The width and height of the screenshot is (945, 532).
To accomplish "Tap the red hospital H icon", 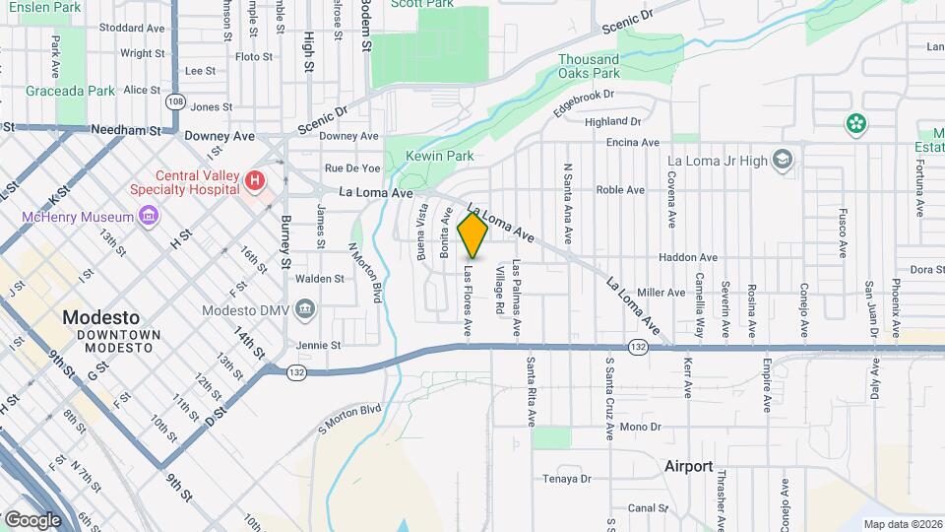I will coord(255,180).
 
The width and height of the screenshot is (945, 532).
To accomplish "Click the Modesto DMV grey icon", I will coord(305,308).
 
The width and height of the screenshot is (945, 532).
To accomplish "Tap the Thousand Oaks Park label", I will coord(589,66).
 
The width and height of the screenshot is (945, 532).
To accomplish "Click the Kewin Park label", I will coord(442,156).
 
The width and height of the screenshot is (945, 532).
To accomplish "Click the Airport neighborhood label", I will coord(688,466).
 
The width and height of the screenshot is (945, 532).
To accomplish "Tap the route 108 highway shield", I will coord(175,101).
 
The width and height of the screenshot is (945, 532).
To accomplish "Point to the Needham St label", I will coord(125,129).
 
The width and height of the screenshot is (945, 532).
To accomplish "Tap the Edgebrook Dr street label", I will coord(583,102).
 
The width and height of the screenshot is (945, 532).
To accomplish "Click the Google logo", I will coord(32,518).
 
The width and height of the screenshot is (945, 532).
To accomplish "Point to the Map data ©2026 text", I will coord(902,524).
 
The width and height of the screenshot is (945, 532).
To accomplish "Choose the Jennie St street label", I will coord(320,346).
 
